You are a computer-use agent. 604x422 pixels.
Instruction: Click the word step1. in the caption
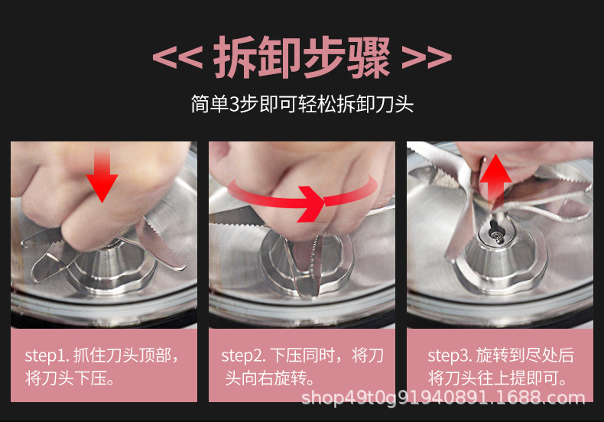coord(47,355)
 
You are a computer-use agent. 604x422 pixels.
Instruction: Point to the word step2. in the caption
coord(244,355)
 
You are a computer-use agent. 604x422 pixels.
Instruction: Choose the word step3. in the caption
coord(450,355)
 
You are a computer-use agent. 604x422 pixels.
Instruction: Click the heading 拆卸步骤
coord(301,58)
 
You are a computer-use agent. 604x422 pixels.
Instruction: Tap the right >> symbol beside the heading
coord(426,58)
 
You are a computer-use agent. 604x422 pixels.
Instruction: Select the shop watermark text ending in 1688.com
coord(443,398)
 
